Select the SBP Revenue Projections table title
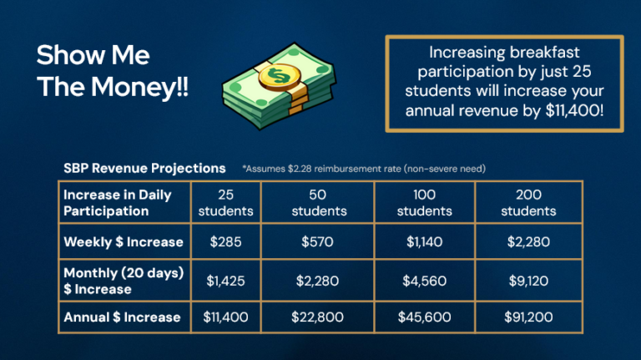tap(144, 168)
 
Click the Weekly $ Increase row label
tap(124, 242)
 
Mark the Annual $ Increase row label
tap(122, 317)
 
